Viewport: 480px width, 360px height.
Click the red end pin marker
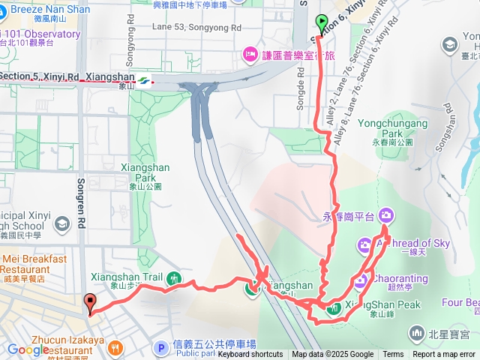tap(91, 304)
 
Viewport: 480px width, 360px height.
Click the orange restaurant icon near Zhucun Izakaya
tap(115, 347)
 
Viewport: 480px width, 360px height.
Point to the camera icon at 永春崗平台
tap(386, 215)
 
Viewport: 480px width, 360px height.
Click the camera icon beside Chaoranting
tap(360, 280)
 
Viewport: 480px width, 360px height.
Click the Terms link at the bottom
tap(393, 355)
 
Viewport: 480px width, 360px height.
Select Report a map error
tap(444, 355)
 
